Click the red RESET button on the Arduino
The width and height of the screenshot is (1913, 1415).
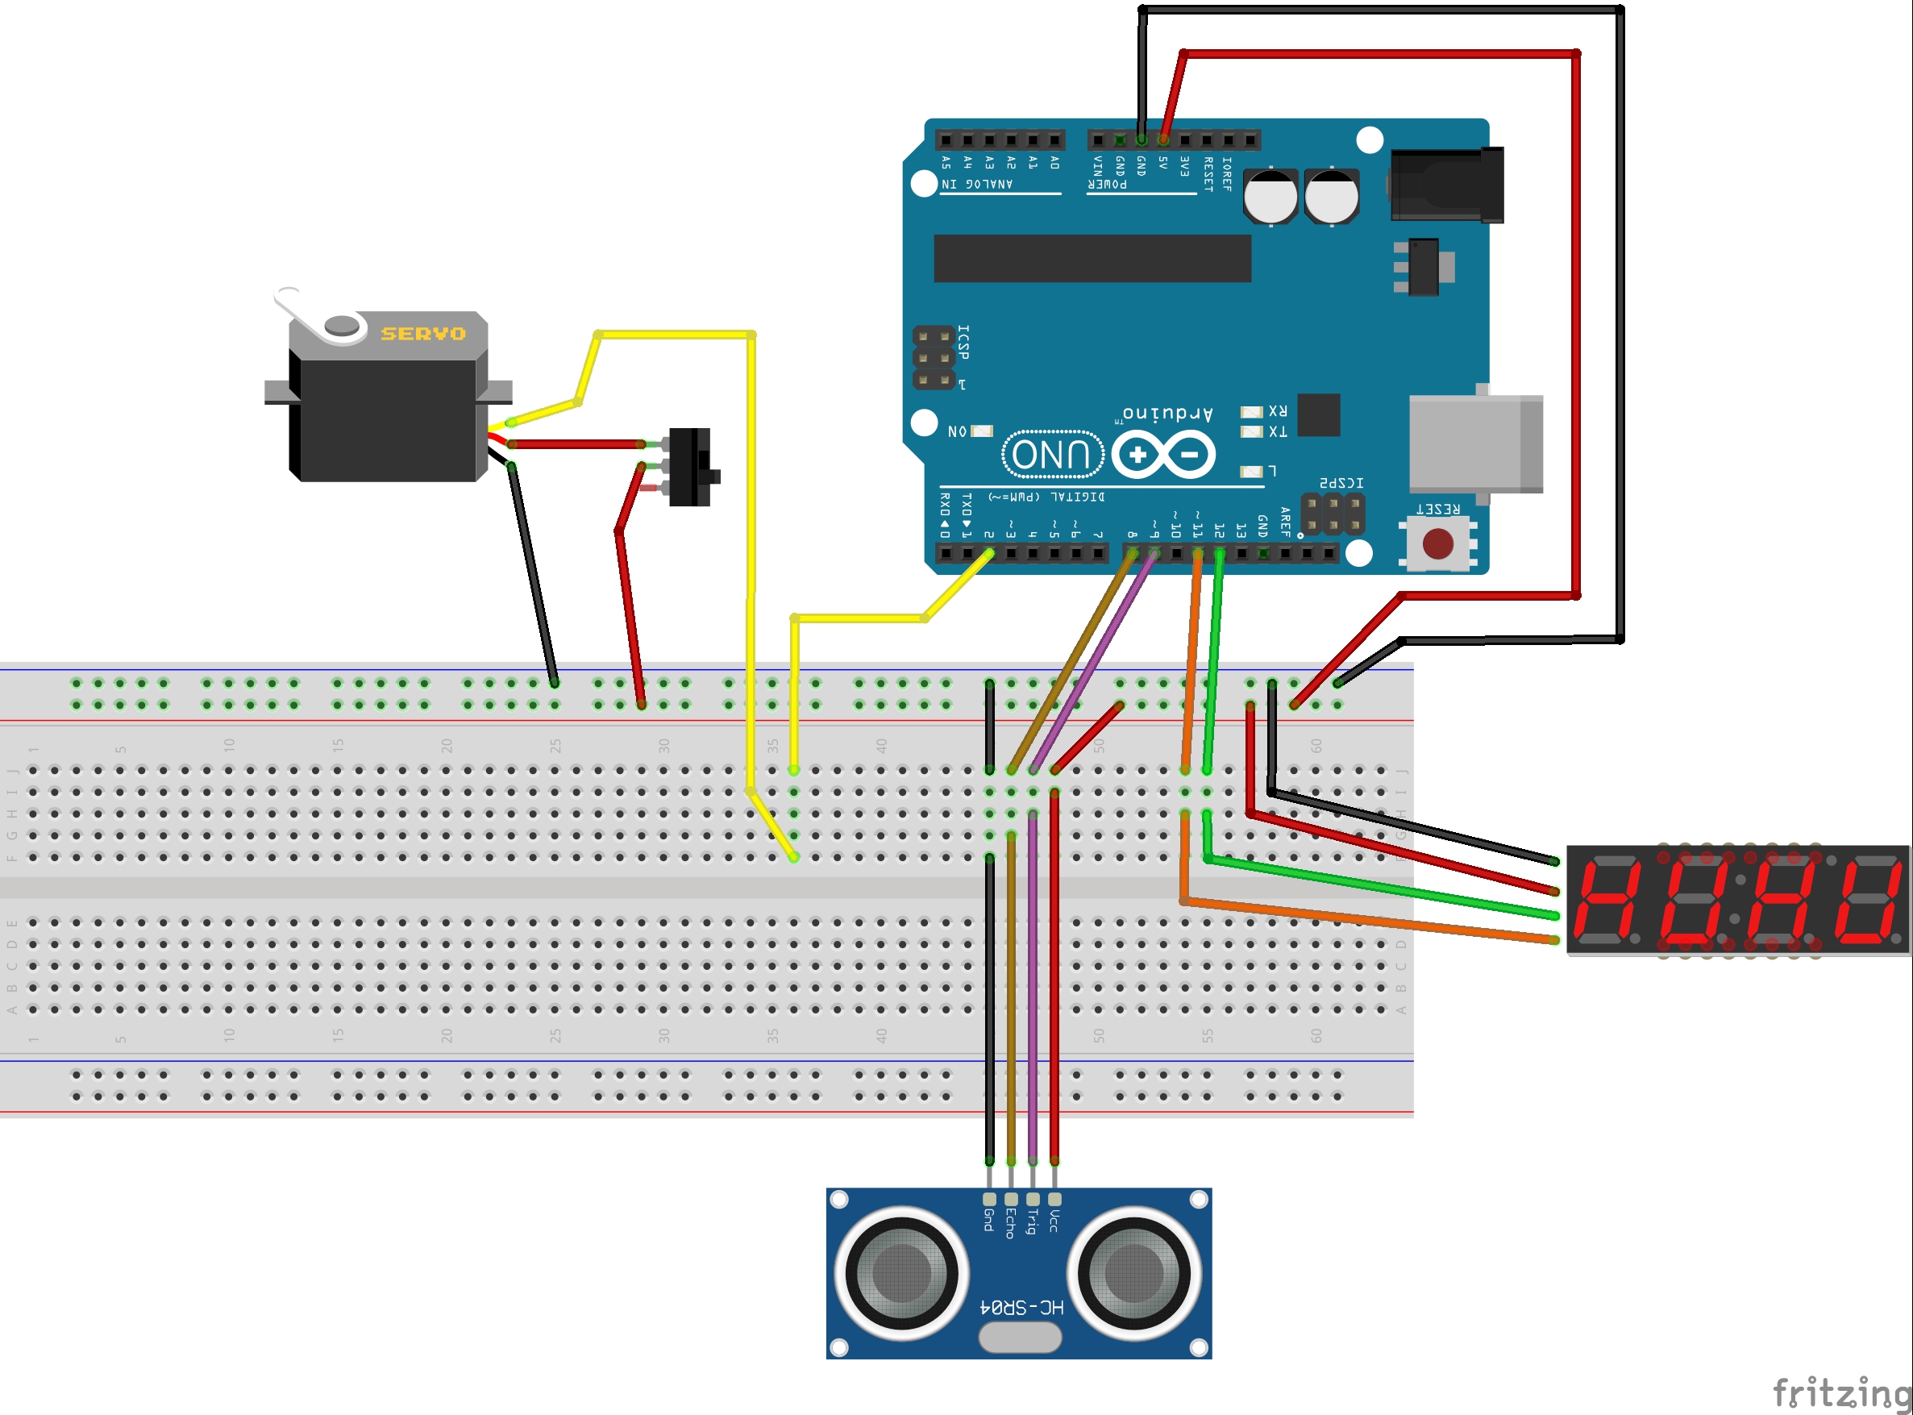[1437, 543]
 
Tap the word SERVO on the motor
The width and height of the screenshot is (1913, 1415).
[423, 333]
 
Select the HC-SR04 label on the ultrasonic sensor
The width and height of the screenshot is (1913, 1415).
[1021, 1307]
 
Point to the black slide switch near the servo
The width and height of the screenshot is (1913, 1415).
[690, 468]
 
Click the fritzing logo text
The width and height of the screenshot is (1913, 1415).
[1841, 1392]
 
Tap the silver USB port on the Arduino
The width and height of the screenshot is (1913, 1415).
[1474, 443]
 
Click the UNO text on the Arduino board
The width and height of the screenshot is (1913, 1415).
[1051, 454]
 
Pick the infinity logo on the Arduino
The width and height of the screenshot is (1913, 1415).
[1162, 454]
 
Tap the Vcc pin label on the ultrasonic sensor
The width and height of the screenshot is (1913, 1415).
[1054, 1221]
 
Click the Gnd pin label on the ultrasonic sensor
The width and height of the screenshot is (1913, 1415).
[988, 1220]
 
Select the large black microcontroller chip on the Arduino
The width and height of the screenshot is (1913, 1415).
[1092, 258]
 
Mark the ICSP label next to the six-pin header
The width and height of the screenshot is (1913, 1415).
[963, 342]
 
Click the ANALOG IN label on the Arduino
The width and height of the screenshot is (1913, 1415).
[977, 184]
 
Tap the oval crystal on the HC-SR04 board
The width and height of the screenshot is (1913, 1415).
[1020, 1337]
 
